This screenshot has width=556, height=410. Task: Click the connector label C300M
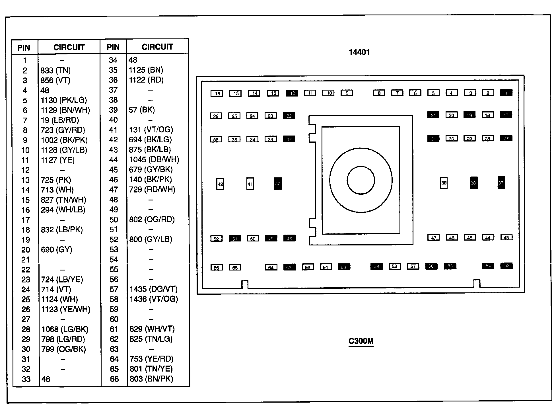(361, 341)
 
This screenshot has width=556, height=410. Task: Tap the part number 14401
(359, 52)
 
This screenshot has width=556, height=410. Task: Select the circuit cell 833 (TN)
(55, 70)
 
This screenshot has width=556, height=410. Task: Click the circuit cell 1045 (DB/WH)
(154, 159)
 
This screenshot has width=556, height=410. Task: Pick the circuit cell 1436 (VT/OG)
(154, 299)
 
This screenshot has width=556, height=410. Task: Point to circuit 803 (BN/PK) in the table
(151, 379)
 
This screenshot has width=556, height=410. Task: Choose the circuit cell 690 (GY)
(56, 250)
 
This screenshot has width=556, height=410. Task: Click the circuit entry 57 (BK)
(141, 110)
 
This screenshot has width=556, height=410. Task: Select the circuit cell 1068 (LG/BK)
(65, 329)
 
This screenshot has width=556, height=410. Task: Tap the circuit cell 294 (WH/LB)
(63, 210)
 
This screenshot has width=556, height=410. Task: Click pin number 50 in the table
(114, 220)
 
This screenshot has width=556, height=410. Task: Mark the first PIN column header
(24, 48)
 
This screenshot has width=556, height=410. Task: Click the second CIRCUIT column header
(157, 47)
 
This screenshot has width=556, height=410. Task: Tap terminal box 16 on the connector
(217, 93)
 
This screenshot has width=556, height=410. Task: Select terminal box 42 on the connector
(220, 184)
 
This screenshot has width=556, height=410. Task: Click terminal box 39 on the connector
(444, 183)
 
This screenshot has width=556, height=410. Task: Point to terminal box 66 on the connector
(217, 268)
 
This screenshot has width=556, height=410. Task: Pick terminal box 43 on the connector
(506, 237)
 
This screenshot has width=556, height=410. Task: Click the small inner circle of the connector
(361, 180)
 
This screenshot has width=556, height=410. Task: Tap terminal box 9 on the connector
(347, 93)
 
